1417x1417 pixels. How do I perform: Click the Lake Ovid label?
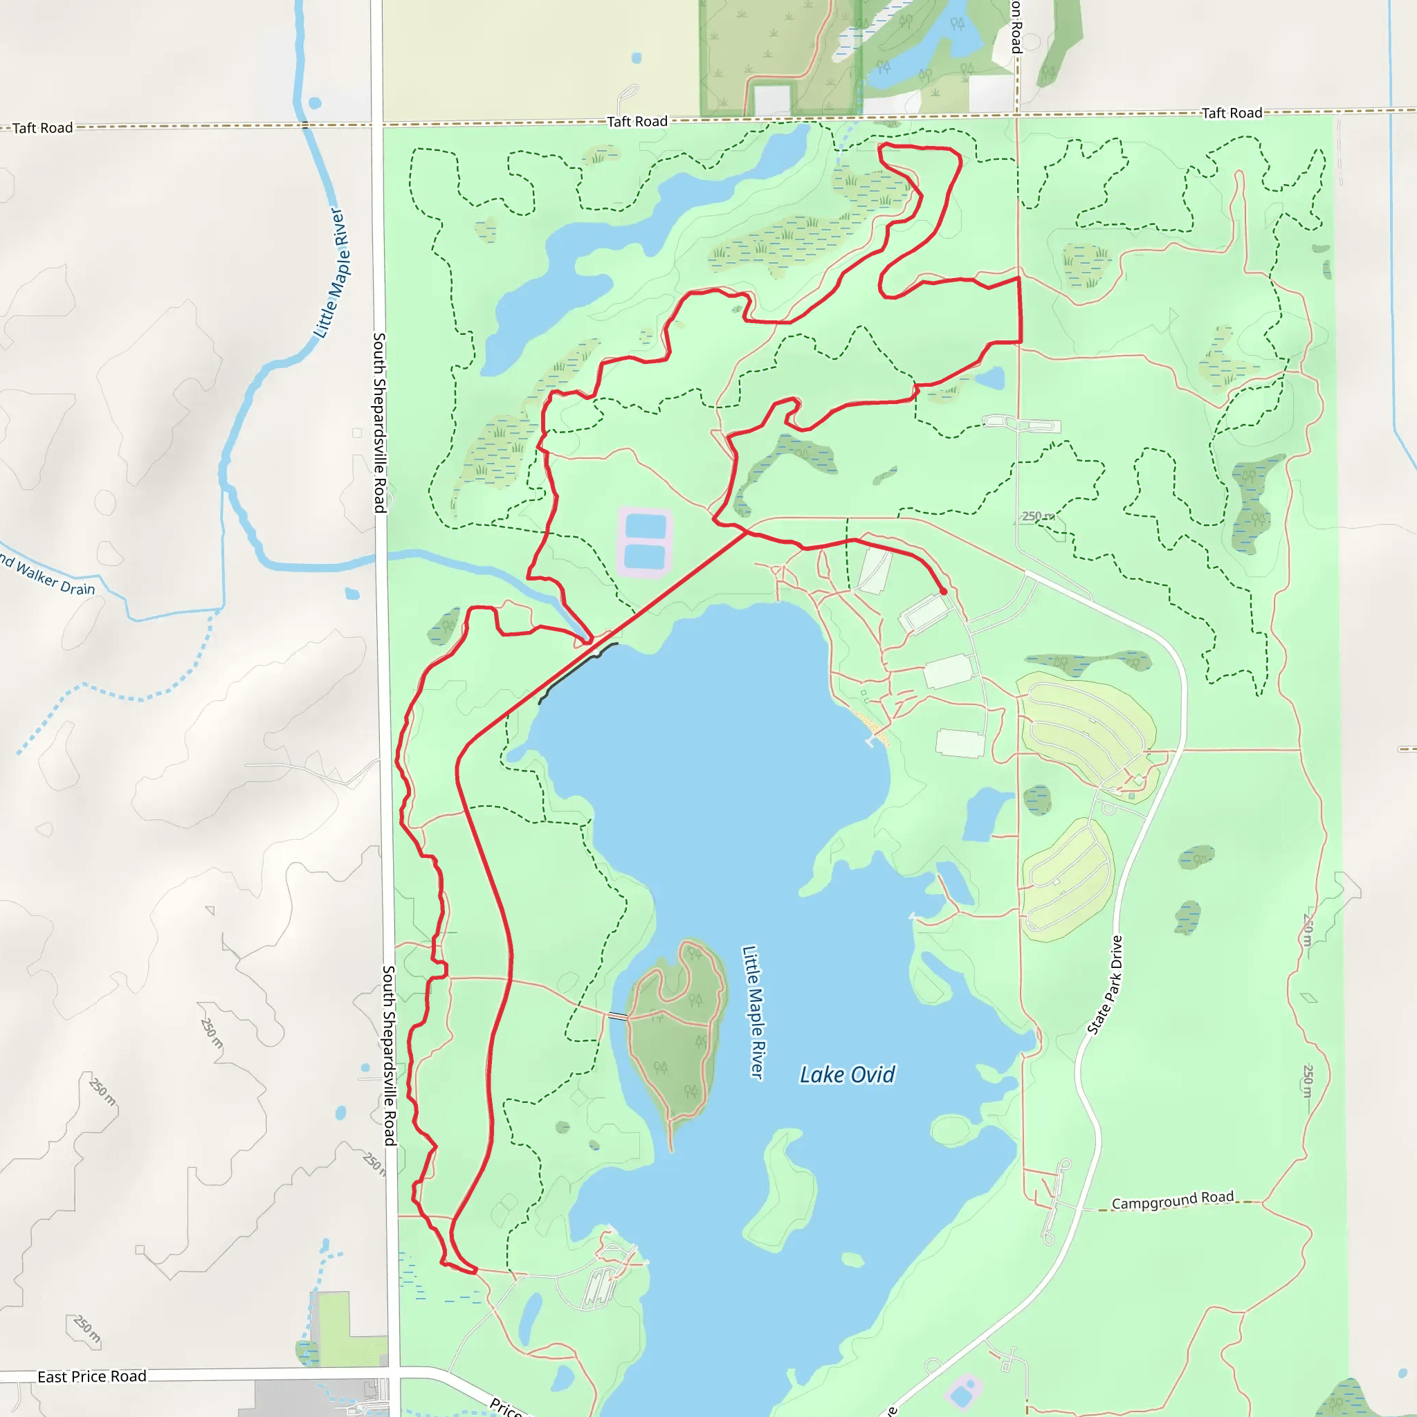pos(847,1075)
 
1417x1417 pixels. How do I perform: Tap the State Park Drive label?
pos(1105,985)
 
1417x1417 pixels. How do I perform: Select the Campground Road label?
pos(1172,1200)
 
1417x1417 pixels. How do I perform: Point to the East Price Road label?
pos(92,1376)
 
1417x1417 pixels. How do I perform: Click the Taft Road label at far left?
pos(42,127)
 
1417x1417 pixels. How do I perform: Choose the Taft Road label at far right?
pos(1232,113)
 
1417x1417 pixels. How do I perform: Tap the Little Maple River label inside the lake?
pos(753,1012)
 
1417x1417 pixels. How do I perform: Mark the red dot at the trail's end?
pos(943,591)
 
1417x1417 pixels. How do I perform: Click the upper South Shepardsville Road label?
pos(379,422)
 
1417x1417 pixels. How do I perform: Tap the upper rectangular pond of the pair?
pos(646,526)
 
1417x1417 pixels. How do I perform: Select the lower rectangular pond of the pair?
pos(645,558)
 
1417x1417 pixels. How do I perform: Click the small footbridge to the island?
pos(618,1016)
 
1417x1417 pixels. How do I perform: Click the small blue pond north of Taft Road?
pos(636,57)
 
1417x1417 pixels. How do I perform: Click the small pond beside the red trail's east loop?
pos(989,378)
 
